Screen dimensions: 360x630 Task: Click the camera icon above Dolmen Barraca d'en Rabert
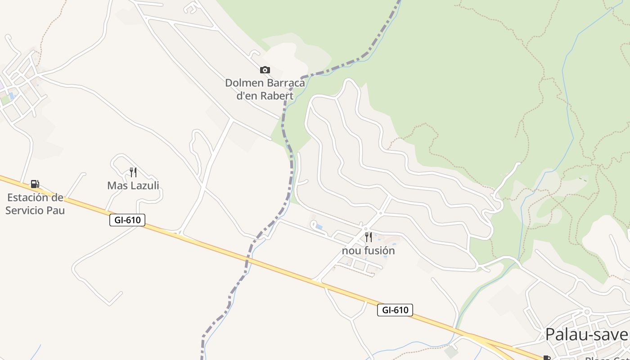point(265,70)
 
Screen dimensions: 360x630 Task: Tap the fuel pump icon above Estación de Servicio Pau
point(35,184)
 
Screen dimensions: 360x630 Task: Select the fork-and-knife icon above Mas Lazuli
point(133,172)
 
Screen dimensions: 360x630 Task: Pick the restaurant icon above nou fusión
point(369,237)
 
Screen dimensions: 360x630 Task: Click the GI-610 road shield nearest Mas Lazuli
point(127,220)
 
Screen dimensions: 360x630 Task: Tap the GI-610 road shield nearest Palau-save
point(395,310)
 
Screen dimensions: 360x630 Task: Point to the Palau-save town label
point(586,334)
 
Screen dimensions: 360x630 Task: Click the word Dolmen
point(244,83)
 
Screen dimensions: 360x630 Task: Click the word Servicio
point(25,210)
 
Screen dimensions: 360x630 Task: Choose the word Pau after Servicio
point(56,210)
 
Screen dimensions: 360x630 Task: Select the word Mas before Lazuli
point(116,185)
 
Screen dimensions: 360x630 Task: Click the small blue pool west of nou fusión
point(319,227)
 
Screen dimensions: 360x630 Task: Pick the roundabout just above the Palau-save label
point(587,311)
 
